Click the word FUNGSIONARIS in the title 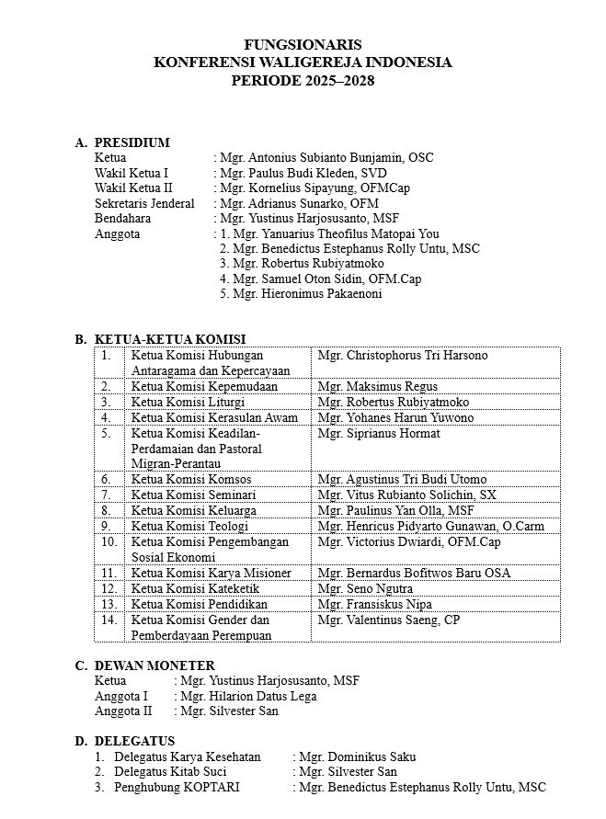pos(303,44)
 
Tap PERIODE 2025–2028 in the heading pos(303,80)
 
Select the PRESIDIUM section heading pos(131,142)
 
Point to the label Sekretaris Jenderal pos(144,203)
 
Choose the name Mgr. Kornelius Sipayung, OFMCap pos(314,188)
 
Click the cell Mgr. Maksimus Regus pos(377,386)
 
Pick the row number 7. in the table pos(107,495)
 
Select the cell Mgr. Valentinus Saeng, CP pos(388,620)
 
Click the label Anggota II pos(123,711)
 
